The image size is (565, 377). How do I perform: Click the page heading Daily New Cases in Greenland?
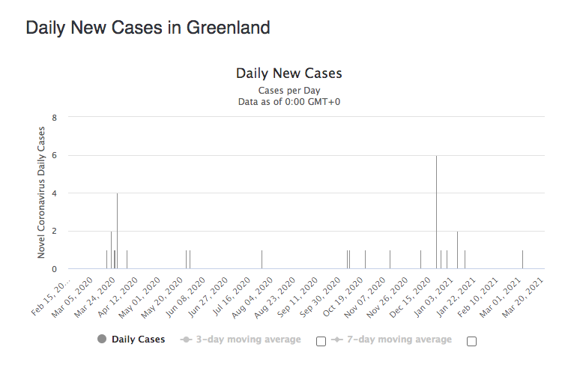click(148, 28)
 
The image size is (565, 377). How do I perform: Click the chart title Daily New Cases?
click(288, 73)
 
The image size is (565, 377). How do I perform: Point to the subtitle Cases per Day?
click(288, 90)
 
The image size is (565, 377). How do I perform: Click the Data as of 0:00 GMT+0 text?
click(288, 102)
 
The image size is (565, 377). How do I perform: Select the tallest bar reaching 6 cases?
click(436, 212)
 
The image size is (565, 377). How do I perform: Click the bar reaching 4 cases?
click(117, 231)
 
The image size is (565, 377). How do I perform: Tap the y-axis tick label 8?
click(54, 118)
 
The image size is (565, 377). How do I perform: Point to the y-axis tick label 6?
click(54, 155)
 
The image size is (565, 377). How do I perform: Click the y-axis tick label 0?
click(54, 269)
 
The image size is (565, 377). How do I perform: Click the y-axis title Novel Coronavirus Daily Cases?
click(42, 193)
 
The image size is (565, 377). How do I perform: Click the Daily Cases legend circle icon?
click(102, 340)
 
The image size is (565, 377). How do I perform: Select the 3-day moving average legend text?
click(248, 340)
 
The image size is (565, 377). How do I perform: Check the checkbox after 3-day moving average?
click(321, 341)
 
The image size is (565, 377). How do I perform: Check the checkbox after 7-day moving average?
click(471, 341)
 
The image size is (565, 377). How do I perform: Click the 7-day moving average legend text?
click(399, 340)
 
